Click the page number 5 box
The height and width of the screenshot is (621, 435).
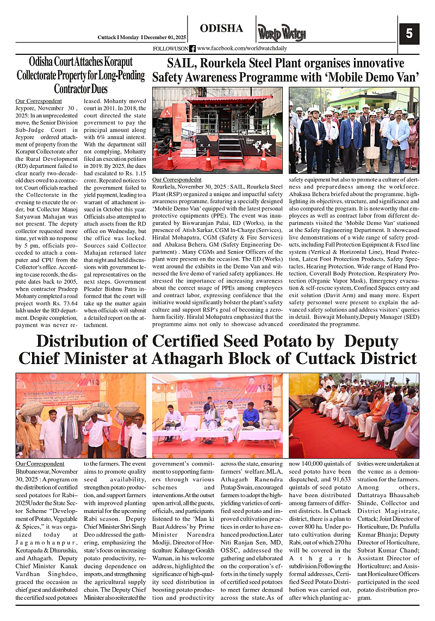pos(409,34)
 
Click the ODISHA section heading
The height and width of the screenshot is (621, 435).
pos(221,28)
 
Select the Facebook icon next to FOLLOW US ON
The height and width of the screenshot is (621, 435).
pos(192,49)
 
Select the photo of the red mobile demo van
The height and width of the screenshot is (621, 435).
pos(217,129)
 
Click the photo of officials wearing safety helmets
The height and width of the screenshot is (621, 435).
pos(353,129)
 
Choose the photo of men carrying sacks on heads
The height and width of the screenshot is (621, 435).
pos(81,416)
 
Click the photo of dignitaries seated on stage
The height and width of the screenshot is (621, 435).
pos(217,416)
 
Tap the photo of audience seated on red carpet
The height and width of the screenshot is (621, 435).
pos(353,416)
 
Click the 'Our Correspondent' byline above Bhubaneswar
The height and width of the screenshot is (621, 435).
pos(40,464)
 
